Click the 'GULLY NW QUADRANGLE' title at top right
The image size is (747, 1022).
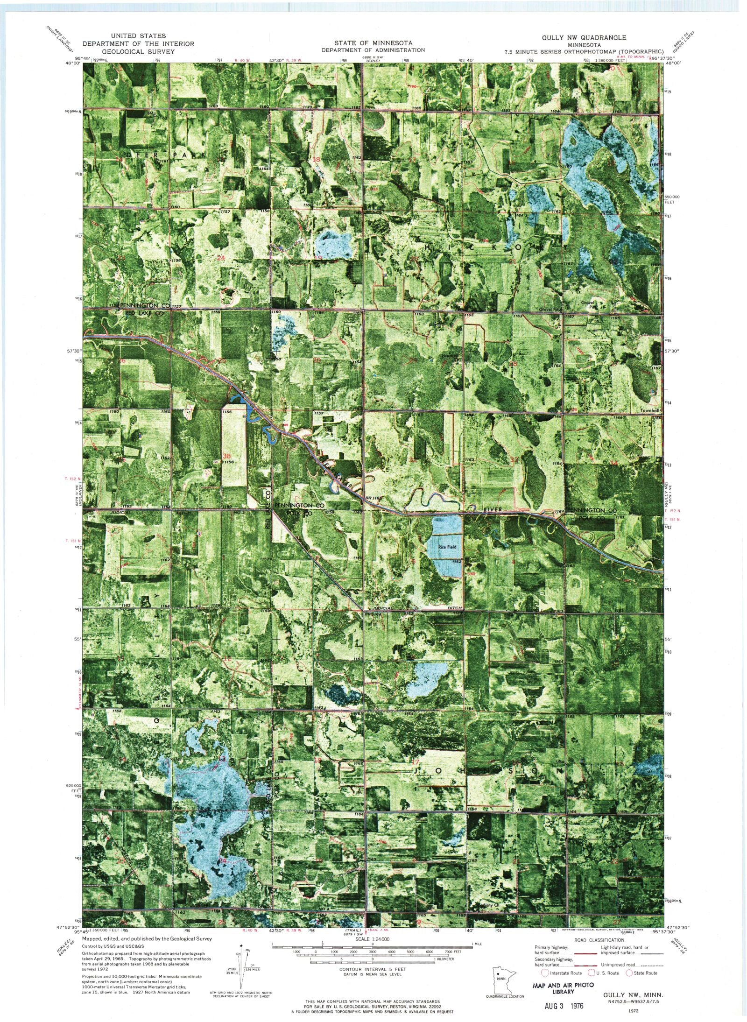tap(584, 37)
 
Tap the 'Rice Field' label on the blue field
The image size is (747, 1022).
tap(447, 547)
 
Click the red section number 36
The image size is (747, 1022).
tap(227, 456)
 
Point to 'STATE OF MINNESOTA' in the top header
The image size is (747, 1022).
tap(373, 42)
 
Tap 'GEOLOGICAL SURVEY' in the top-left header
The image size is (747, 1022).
tap(128, 51)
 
